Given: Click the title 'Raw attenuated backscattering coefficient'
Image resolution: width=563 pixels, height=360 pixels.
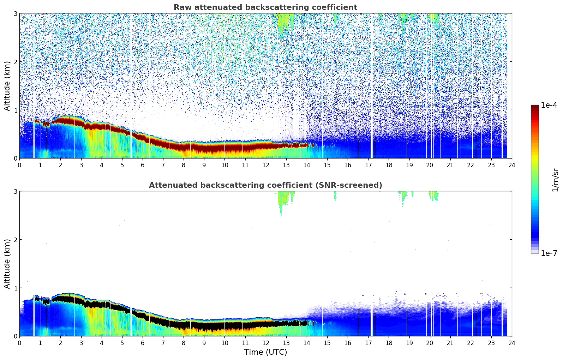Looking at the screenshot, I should click(265, 7).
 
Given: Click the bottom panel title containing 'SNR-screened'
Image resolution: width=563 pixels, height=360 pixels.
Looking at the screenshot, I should click(265, 185).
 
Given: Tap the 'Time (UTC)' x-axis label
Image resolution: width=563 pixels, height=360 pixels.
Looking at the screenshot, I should click(265, 352).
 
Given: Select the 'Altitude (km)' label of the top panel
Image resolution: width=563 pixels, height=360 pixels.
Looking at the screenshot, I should click(7, 86).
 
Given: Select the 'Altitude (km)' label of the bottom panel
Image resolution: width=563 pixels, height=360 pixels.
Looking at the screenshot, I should click(7, 264).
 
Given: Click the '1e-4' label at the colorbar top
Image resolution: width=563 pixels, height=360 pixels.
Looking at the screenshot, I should click(549, 105).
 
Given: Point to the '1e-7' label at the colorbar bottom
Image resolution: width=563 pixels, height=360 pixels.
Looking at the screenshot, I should click(549, 253).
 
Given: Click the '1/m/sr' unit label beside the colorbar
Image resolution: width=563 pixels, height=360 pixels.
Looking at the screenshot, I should click(555, 180).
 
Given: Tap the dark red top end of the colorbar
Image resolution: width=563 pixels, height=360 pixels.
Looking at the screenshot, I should click(535, 107).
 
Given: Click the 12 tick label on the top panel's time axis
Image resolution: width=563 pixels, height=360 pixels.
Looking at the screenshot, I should click(265, 165).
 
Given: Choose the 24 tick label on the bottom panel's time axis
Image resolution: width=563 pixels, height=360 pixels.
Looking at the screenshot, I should click(511, 343).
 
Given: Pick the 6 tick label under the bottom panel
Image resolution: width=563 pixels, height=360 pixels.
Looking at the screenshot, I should click(143, 343).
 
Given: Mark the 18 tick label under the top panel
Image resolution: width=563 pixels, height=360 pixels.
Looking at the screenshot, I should click(389, 165).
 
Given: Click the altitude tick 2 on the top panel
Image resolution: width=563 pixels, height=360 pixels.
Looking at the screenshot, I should click(16, 62).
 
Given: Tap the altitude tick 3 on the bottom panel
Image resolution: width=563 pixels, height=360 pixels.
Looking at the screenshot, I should click(16, 191).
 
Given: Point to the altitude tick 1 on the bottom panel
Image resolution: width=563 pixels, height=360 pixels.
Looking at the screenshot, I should click(16, 288).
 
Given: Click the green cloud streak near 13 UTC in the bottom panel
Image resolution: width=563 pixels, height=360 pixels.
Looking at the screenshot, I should click(282, 201).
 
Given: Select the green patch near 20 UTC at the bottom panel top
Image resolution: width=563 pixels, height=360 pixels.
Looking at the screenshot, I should click(433, 195).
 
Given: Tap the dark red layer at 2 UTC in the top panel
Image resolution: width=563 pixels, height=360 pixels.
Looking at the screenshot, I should click(60, 121).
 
